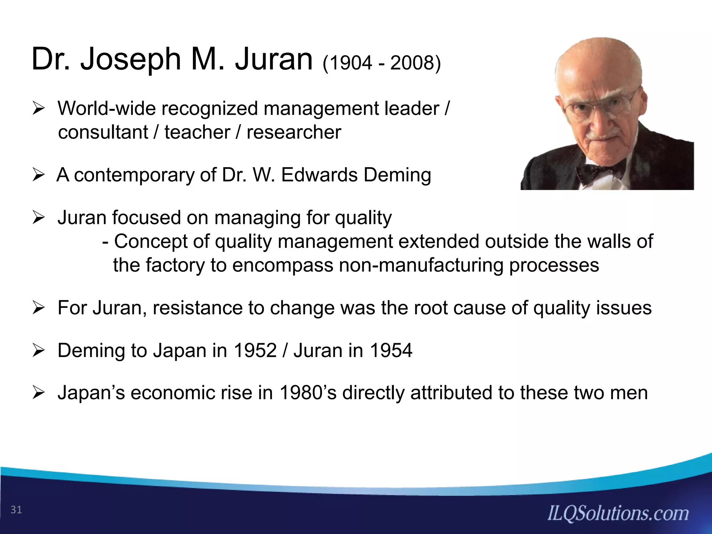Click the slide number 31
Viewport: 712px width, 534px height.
coord(16,510)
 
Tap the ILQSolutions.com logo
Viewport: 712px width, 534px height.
coord(618,513)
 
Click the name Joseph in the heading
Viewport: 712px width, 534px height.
coord(131,60)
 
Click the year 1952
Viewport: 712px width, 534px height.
coord(255,350)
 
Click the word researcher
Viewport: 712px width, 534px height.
coord(294,132)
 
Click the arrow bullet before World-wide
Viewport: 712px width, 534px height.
coord(37,109)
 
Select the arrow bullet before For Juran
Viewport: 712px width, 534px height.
coord(37,308)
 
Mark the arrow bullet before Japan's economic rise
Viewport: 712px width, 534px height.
coord(37,393)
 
